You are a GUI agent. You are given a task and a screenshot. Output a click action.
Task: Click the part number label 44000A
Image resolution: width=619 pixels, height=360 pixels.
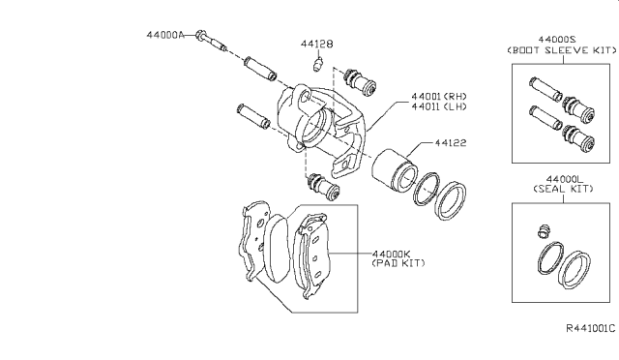(165, 35)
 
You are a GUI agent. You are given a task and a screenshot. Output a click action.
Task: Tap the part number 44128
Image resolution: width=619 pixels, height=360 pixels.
(316, 44)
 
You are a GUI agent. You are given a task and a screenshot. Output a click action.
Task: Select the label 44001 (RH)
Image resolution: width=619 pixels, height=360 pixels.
(438, 96)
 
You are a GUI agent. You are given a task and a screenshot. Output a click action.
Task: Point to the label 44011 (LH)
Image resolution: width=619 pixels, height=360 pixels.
(438, 106)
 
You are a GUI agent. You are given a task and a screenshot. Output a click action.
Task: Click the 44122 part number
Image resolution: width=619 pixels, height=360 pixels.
(451, 142)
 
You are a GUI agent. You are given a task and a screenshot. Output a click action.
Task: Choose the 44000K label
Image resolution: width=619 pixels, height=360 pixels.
(392, 254)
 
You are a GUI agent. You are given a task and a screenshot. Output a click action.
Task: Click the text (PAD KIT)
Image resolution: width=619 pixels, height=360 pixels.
(398, 263)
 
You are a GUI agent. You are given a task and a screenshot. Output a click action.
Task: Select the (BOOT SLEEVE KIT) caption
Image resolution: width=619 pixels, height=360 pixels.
(562, 50)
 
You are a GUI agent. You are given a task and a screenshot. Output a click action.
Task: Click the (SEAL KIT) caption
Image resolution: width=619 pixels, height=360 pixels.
(563, 189)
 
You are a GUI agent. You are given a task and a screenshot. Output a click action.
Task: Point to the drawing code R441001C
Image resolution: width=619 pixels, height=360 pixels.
(591, 328)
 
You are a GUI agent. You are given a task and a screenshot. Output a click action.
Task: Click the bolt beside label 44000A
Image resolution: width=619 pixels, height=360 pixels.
(211, 41)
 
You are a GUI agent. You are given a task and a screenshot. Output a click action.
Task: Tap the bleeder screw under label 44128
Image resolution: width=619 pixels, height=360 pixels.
(318, 64)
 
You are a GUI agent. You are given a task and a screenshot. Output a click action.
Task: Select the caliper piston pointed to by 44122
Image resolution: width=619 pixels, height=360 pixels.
(395, 169)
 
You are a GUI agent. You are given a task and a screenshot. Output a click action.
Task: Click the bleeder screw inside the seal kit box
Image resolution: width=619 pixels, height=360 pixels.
(544, 230)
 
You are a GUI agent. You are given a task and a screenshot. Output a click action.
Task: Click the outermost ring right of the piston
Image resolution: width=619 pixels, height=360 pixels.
(451, 200)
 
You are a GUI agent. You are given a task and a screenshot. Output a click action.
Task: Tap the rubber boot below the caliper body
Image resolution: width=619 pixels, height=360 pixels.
(324, 187)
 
